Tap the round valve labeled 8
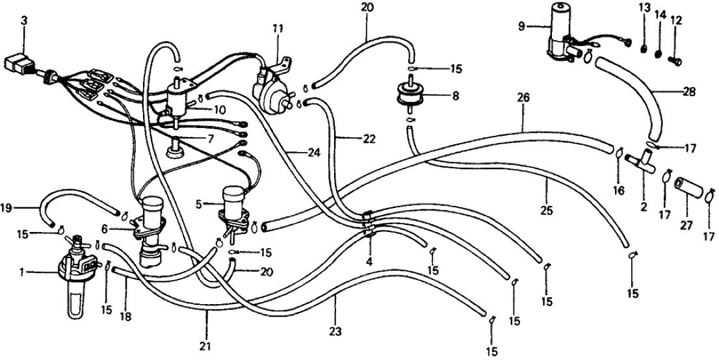point(410,97)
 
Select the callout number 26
point(524,98)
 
